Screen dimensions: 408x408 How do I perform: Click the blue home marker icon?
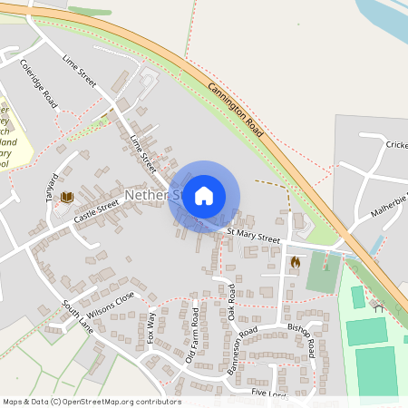point(204,196)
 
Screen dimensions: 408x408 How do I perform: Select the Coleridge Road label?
point(37,83)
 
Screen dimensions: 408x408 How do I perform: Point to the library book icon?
point(66,197)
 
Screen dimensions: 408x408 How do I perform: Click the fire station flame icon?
point(295,262)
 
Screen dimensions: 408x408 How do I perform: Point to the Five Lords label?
point(270,393)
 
